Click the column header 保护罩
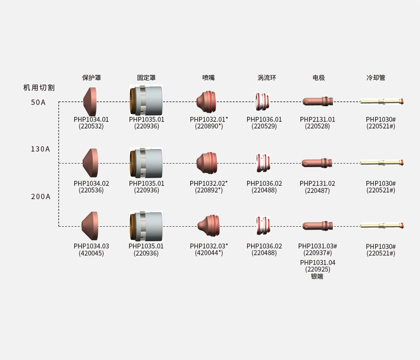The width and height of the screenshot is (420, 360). click(92, 78)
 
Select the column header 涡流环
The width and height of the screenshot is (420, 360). click(267, 78)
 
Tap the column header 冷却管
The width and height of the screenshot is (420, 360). click(376, 78)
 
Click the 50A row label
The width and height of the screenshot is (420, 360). click(38, 103)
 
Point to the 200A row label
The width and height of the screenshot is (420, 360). click(40, 196)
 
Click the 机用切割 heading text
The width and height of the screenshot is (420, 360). click(39, 88)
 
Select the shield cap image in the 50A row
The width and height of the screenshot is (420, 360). click(90, 102)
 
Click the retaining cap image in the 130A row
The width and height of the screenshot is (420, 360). click(146, 163)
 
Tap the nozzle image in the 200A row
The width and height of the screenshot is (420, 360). click(208, 226)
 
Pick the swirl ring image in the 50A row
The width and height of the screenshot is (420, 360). click(263, 102)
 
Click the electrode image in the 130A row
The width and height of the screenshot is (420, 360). click(317, 163)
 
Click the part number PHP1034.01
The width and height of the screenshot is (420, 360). click(91, 120)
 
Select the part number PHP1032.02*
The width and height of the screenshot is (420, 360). click(208, 183)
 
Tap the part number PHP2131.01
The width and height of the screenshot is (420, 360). click(317, 120)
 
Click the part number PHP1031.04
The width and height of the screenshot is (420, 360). click(317, 263)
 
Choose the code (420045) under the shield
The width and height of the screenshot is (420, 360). click(91, 253)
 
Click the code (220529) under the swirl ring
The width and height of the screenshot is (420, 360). click(264, 126)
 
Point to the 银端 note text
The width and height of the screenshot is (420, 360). click(317, 276)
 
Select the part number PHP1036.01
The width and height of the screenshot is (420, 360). click(264, 120)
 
